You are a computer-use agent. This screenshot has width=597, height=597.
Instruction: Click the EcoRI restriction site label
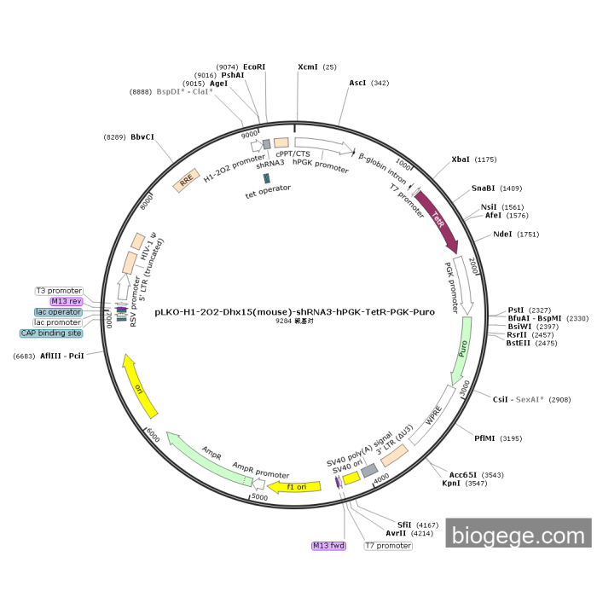click(254, 67)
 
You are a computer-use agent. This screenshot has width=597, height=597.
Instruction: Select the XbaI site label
click(461, 159)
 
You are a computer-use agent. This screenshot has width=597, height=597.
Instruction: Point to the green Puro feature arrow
click(461, 346)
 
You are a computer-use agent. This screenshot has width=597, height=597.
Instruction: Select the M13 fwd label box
click(329, 545)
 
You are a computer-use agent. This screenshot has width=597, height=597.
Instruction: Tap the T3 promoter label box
click(59, 291)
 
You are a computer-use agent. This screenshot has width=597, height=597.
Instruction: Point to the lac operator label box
click(58, 312)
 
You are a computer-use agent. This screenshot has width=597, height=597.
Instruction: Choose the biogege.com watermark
click(518, 536)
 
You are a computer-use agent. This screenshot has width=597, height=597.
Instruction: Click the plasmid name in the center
click(294, 312)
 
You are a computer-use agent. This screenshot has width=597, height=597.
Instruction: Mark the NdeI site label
click(504, 235)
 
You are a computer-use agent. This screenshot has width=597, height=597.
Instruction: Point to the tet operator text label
click(268, 188)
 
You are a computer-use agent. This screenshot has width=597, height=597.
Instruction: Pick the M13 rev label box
click(66, 301)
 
